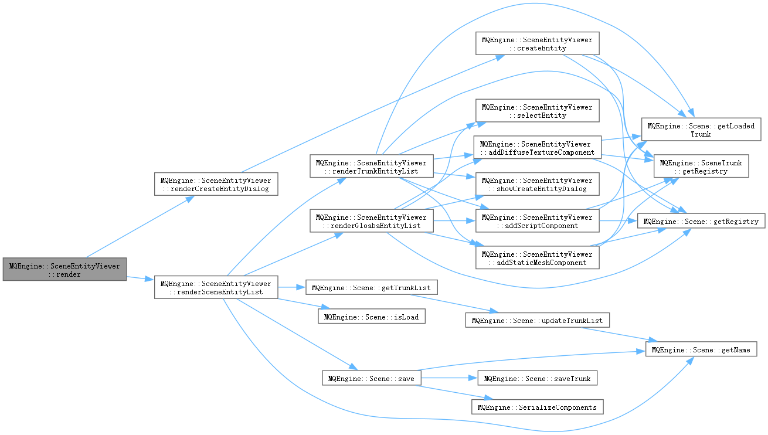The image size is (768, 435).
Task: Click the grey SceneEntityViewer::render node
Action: coord(64,270)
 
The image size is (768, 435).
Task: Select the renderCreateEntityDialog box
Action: coord(216,183)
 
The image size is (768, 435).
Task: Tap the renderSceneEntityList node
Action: coord(216,287)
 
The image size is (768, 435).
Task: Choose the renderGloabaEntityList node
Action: coord(372,222)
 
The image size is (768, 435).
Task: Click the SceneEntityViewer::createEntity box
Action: coord(537,43)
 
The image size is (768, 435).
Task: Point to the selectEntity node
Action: coord(537,111)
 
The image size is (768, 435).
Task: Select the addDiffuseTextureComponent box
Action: coord(537,148)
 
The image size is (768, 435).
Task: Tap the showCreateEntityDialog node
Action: coord(537,184)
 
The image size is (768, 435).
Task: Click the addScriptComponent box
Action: coord(537,221)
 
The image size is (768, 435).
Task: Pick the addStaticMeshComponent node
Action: coord(537,258)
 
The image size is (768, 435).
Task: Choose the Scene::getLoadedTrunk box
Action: coord(701,129)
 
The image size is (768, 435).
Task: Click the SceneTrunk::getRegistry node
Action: coord(701,166)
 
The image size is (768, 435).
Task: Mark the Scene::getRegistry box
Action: coord(701,222)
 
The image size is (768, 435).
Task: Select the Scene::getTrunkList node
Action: coord(371,288)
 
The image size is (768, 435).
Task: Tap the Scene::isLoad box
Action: coord(371,317)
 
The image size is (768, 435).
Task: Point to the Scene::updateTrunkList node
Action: coord(537,320)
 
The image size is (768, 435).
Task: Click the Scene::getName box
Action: coord(706,350)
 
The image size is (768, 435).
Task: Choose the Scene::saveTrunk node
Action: coord(537,378)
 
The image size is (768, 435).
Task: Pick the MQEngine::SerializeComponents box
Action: coord(537,407)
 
